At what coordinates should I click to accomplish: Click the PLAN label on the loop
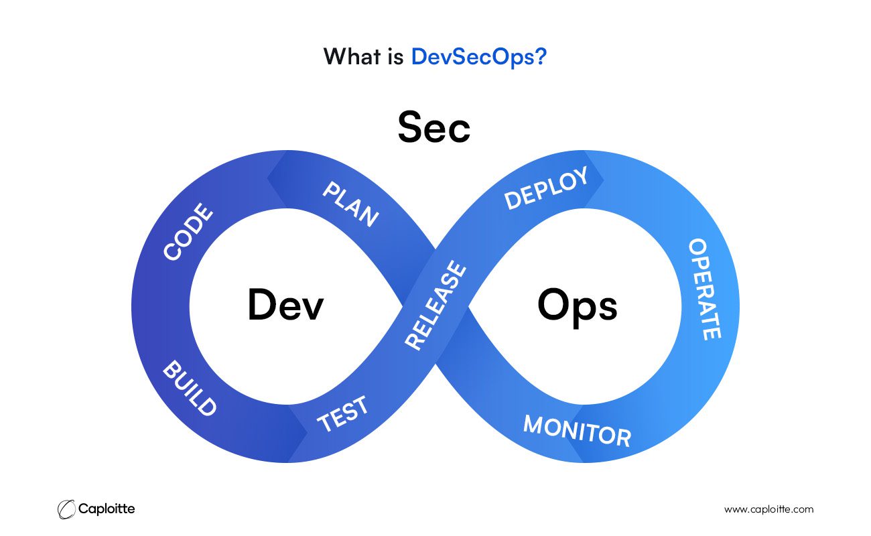350,204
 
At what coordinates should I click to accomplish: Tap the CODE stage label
188,231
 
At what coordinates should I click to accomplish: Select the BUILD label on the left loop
190,388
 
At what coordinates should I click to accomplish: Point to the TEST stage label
342,414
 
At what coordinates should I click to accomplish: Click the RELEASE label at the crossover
435,306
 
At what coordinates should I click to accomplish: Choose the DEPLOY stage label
546,188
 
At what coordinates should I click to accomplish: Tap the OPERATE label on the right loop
705,289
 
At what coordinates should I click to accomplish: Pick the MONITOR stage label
577,431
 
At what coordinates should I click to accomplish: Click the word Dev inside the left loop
286,305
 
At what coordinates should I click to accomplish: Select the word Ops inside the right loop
578,308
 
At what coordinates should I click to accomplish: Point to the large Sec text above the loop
434,127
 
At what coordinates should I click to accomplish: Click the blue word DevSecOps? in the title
479,57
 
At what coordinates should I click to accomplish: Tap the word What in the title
352,56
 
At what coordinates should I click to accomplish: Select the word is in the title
396,56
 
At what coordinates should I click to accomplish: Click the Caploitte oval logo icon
66,509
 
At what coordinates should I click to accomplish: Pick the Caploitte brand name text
107,509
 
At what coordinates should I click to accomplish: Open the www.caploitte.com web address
768,510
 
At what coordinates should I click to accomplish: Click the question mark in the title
541,56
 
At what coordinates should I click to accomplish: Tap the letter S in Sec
410,127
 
